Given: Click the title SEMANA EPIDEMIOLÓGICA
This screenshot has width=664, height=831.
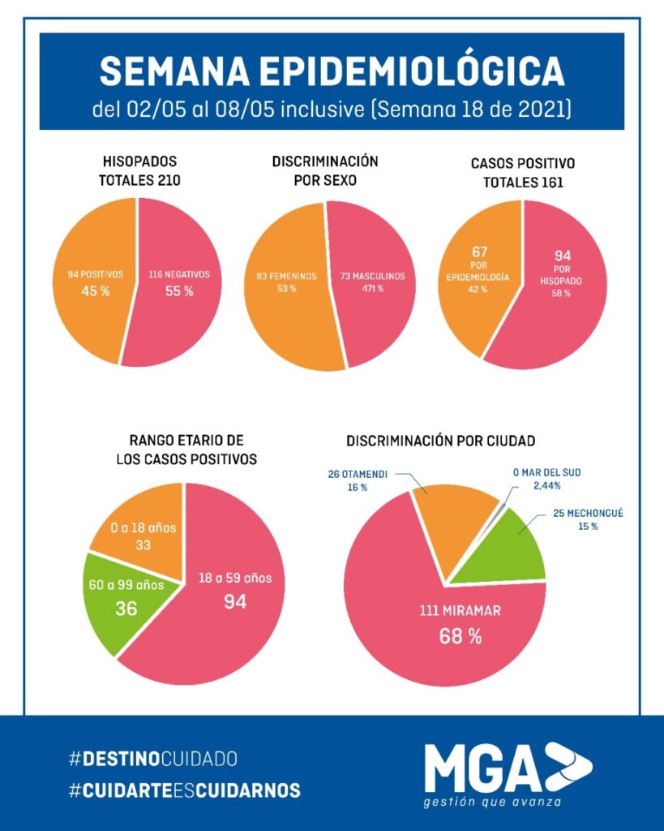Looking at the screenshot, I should tap(332, 72).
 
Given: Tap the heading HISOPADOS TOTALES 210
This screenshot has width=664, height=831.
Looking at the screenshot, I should tap(140, 170).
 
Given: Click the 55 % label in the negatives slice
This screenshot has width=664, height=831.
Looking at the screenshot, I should tap(178, 291).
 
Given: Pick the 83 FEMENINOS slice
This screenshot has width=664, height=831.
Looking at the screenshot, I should tap(284, 283).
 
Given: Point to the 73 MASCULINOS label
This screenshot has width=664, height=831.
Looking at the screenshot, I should tap(372, 276).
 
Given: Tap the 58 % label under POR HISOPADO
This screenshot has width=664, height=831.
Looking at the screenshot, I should tap(561, 293).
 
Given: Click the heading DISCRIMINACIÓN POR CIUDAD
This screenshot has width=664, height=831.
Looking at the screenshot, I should tap(440, 441).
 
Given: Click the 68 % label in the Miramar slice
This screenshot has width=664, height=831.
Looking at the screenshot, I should tap(460, 636).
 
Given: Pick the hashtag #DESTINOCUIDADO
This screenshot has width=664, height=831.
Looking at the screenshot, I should tap(153, 760).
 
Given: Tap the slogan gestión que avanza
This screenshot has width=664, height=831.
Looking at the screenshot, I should tap(492, 803).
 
